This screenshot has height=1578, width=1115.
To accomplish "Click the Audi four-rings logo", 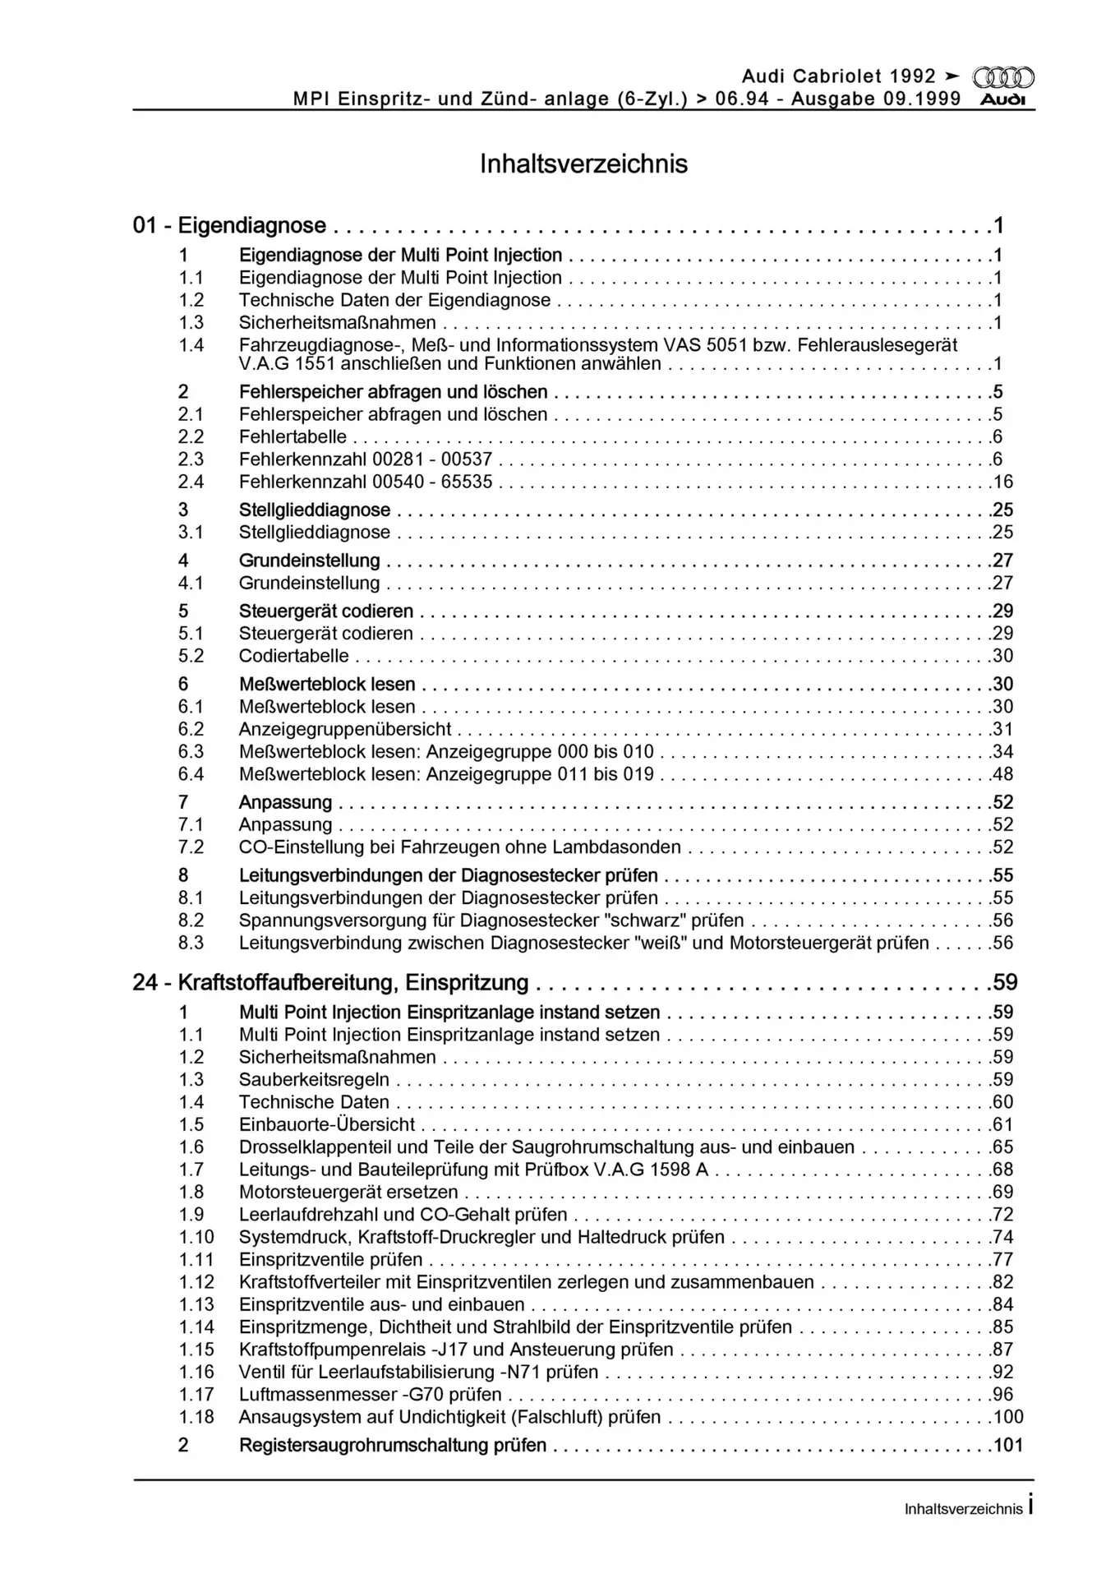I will coord(1003,77).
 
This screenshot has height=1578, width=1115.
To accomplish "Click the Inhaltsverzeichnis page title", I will coord(583,164).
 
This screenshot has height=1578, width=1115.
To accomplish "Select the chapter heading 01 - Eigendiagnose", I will coord(229,225).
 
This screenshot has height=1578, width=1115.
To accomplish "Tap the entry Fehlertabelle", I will coord(293,436).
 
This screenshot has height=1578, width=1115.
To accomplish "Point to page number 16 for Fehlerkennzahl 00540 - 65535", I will coord(1003,482).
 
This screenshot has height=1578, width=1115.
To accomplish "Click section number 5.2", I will coord(191,656).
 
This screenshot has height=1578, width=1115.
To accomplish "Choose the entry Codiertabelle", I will coord(293,656).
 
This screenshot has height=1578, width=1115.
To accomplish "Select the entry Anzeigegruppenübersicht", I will coord(345,729).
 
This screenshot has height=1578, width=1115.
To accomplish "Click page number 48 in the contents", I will coord(1003,773).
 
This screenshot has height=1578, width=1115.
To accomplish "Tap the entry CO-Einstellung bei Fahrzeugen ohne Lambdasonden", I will coord(459,847).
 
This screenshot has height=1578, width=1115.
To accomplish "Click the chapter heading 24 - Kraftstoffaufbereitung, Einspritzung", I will coord(330,982).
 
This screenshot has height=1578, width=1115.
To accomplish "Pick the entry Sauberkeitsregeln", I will coord(314,1079).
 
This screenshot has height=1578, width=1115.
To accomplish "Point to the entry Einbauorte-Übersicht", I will coord(326,1124).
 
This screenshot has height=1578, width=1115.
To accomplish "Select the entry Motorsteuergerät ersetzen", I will coord(348,1192).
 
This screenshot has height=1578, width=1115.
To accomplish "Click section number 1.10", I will coord(196,1237).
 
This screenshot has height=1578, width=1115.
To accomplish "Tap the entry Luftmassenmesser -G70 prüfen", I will coord(370,1394).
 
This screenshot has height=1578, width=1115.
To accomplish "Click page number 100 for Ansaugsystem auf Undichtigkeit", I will coord(1008,1417).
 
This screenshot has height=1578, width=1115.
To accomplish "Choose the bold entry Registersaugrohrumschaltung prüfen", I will coord(392,1445).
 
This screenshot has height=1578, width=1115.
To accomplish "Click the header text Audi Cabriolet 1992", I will coord(839,76).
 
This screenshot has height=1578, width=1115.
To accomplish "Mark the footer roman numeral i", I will coord(1030,1506).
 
